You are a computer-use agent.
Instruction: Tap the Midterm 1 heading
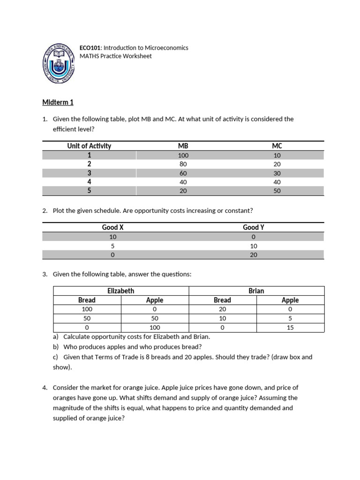(58, 102)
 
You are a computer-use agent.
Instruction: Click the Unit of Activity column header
(89, 146)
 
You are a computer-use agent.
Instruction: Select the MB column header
(183, 146)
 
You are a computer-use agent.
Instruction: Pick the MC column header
(277, 146)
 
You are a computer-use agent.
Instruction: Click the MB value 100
(183, 155)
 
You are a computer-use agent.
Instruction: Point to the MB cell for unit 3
(183, 173)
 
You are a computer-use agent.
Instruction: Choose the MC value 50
(277, 191)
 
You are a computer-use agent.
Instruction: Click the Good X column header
(112, 227)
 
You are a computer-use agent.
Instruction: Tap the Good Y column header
(254, 227)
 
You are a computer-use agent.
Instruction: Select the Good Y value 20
(254, 255)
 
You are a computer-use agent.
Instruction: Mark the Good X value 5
(112, 246)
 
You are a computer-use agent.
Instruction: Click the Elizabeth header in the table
(121, 291)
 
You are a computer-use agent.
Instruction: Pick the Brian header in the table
(256, 291)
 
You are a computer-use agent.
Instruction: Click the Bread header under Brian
(222, 300)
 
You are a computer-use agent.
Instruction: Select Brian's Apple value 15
(290, 328)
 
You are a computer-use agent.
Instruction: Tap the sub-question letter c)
(56, 357)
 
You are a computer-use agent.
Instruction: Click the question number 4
(45, 388)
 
